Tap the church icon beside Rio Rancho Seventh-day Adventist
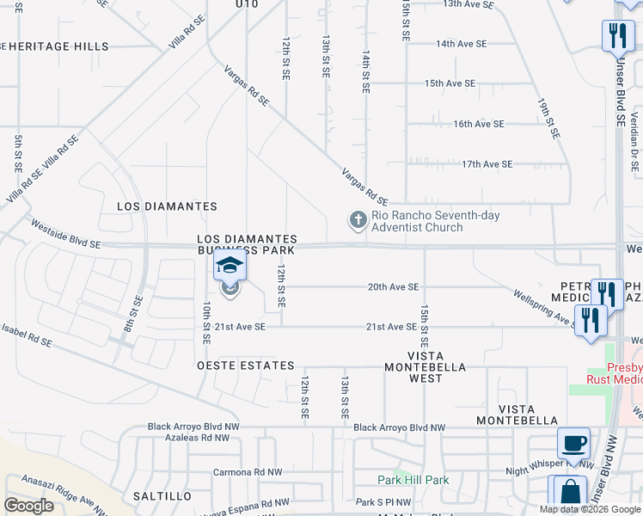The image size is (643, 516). point(358,221)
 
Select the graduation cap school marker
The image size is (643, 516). point(230,267)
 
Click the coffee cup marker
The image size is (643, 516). point(573,444)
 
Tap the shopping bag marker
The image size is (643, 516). point(569,494)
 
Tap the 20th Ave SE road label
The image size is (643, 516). point(393,287)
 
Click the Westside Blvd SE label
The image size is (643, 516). point(65,232)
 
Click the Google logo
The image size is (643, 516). point(28,506)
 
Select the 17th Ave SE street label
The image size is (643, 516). point(487,163)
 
